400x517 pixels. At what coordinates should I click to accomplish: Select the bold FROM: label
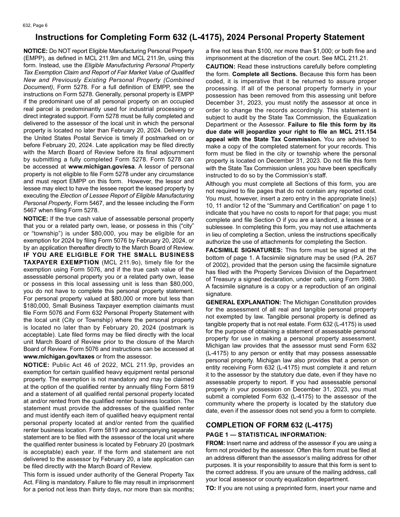[216, 443]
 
